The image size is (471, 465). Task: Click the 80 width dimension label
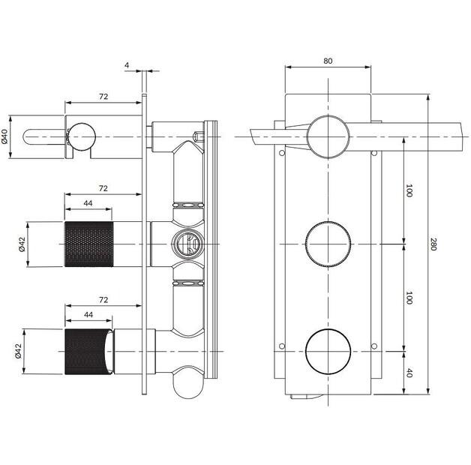pos(328,61)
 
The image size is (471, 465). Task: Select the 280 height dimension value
pos(433,244)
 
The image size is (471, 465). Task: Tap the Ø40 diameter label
pos(6,136)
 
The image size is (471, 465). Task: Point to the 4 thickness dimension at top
pos(127,65)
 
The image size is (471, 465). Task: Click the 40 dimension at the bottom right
pos(409,371)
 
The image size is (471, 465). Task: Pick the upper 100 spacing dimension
pos(409,190)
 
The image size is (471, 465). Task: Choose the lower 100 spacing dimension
pos(409,297)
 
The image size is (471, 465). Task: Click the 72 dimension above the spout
pos(103,97)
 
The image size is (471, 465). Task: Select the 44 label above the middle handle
pos(88,202)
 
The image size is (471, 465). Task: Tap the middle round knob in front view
pos(328,244)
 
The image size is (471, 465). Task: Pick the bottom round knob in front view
pos(328,350)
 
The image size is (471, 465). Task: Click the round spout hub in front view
pos(328,136)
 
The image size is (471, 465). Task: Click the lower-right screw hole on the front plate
pos(373,346)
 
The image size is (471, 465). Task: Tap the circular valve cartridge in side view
pos(185,243)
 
